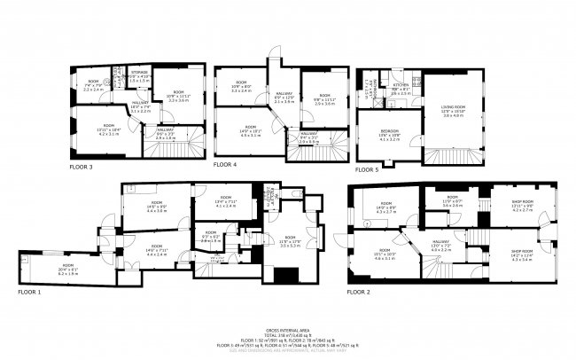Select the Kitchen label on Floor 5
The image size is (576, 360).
click(x=400, y=87)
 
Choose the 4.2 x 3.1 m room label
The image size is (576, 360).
click(x=107, y=132)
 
